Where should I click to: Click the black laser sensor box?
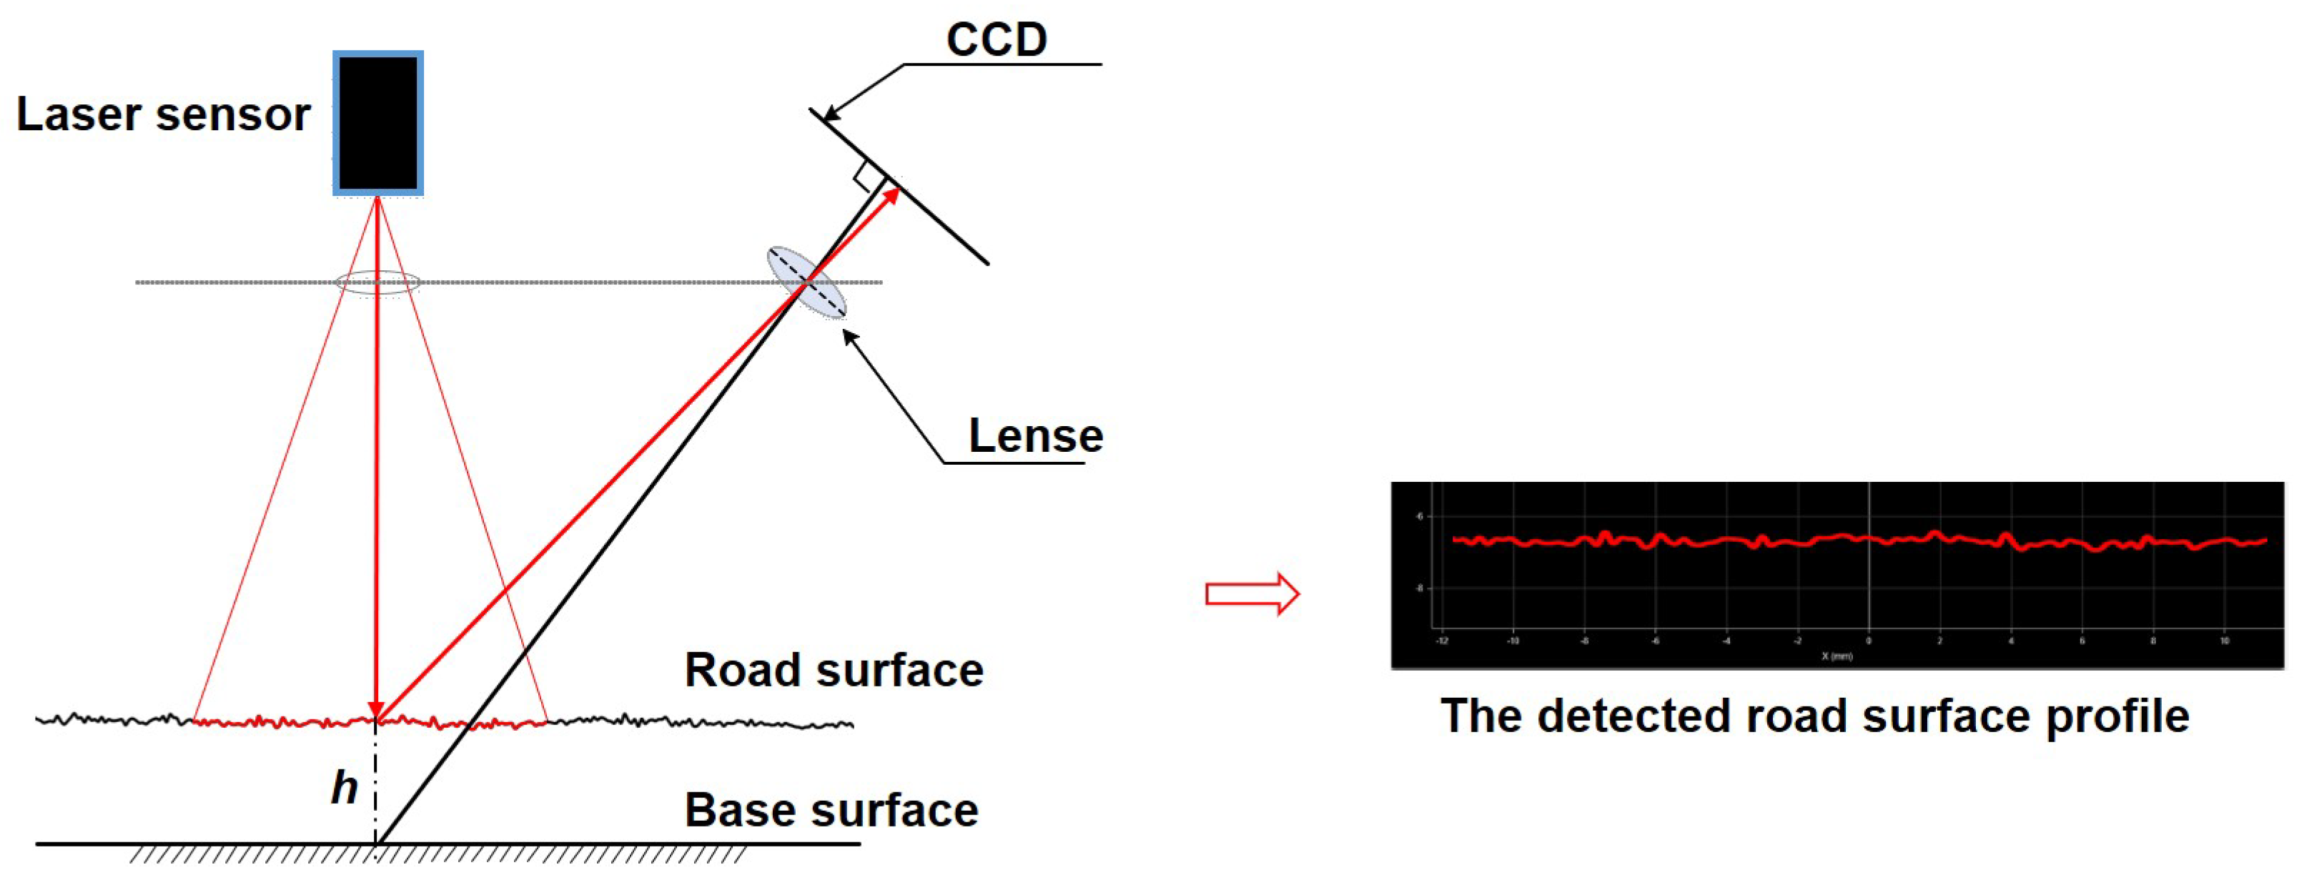tap(377, 123)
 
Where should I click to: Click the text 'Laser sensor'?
tap(163, 115)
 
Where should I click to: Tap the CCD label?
tap(996, 40)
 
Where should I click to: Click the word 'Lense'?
tap(1035, 435)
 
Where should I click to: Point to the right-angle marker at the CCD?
tap(863, 179)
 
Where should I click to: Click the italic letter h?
tap(345, 787)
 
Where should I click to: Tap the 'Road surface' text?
tap(833, 670)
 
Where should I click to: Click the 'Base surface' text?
tap(831, 810)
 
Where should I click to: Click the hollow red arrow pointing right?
tap(1251, 593)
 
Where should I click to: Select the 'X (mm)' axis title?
tap(1836, 656)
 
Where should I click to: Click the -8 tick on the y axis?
tap(1419, 588)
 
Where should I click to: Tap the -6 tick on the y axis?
tap(1419, 516)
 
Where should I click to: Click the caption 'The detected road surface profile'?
tap(1814, 716)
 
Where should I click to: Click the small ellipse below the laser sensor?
tap(377, 283)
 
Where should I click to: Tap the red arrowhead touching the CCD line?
tap(891, 195)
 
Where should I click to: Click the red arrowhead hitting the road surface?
tap(377, 710)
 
